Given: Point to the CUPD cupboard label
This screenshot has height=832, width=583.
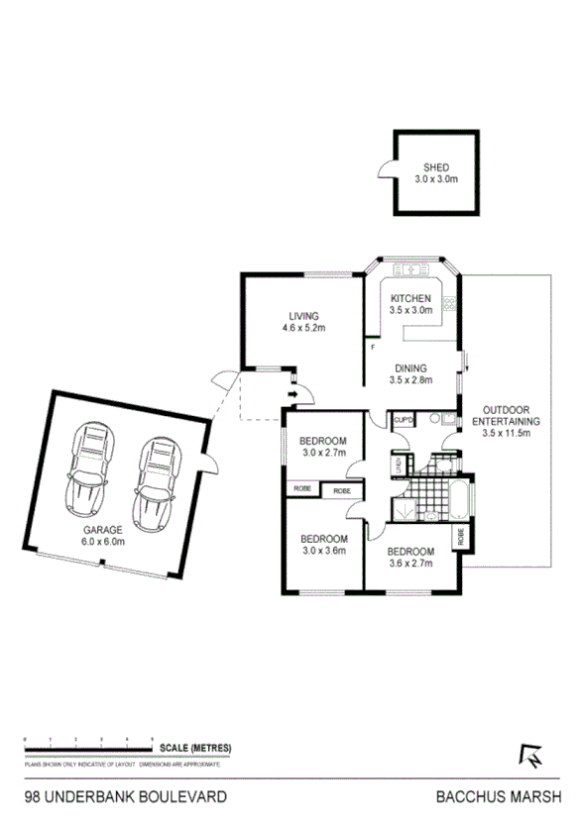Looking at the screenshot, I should [x=403, y=420].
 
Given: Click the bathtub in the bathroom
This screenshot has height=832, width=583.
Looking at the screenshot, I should [x=460, y=501].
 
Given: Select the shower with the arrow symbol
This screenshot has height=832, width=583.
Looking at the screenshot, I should [x=404, y=510].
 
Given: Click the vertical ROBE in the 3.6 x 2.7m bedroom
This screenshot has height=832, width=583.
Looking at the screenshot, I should [x=462, y=536].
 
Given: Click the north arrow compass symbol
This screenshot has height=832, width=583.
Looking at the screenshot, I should [x=532, y=756].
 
